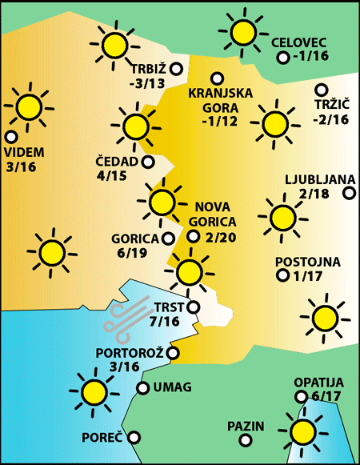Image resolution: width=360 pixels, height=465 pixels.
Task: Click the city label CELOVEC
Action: click(x=300, y=42)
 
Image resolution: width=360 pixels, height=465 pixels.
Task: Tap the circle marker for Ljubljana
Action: click(x=349, y=193)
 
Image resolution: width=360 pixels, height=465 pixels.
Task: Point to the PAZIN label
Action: click(x=245, y=426)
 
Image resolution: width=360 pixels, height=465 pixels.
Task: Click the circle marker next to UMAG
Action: click(x=142, y=388)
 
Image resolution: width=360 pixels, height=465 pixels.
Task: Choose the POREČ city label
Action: click(x=102, y=438)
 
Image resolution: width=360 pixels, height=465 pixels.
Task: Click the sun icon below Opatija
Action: click(x=303, y=432)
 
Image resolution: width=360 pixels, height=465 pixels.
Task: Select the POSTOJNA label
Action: click(x=308, y=262)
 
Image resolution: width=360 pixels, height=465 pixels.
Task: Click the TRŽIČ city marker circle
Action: click(x=322, y=90)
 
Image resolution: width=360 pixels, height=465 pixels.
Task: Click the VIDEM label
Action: click(x=24, y=152)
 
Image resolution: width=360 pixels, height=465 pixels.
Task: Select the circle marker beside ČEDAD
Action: click(x=148, y=162)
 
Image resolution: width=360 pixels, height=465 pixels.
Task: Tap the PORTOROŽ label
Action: click(x=130, y=352)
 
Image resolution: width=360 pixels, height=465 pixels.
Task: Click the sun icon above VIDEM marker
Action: click(x=30, y=106)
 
